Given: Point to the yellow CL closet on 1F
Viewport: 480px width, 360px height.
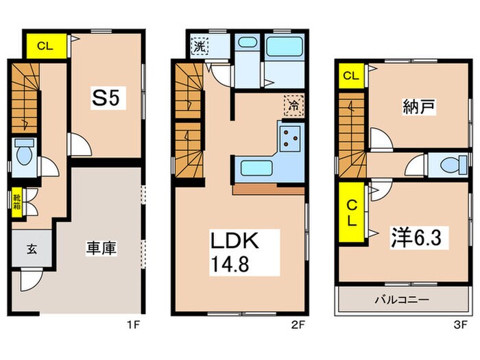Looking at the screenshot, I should coord(46,47).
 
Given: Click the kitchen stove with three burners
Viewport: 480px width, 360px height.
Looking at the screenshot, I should coord(290,139).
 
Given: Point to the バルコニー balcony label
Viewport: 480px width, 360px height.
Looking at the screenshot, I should coord(402,300).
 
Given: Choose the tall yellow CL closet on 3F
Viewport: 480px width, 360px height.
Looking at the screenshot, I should coord(350,213).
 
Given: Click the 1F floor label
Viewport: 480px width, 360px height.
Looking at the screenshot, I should coord(134,323).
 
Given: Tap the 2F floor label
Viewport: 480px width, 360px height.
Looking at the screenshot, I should coord(298,323).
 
